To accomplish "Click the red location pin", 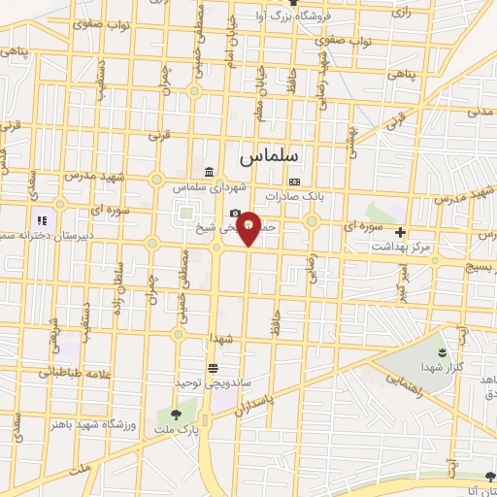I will point(248,227).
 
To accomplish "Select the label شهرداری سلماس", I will point(201,186).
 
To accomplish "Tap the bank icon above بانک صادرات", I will point(294,182).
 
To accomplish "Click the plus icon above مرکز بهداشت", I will point(400,232).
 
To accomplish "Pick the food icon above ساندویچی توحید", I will point(213,367).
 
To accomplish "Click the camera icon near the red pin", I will point(235,214).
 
